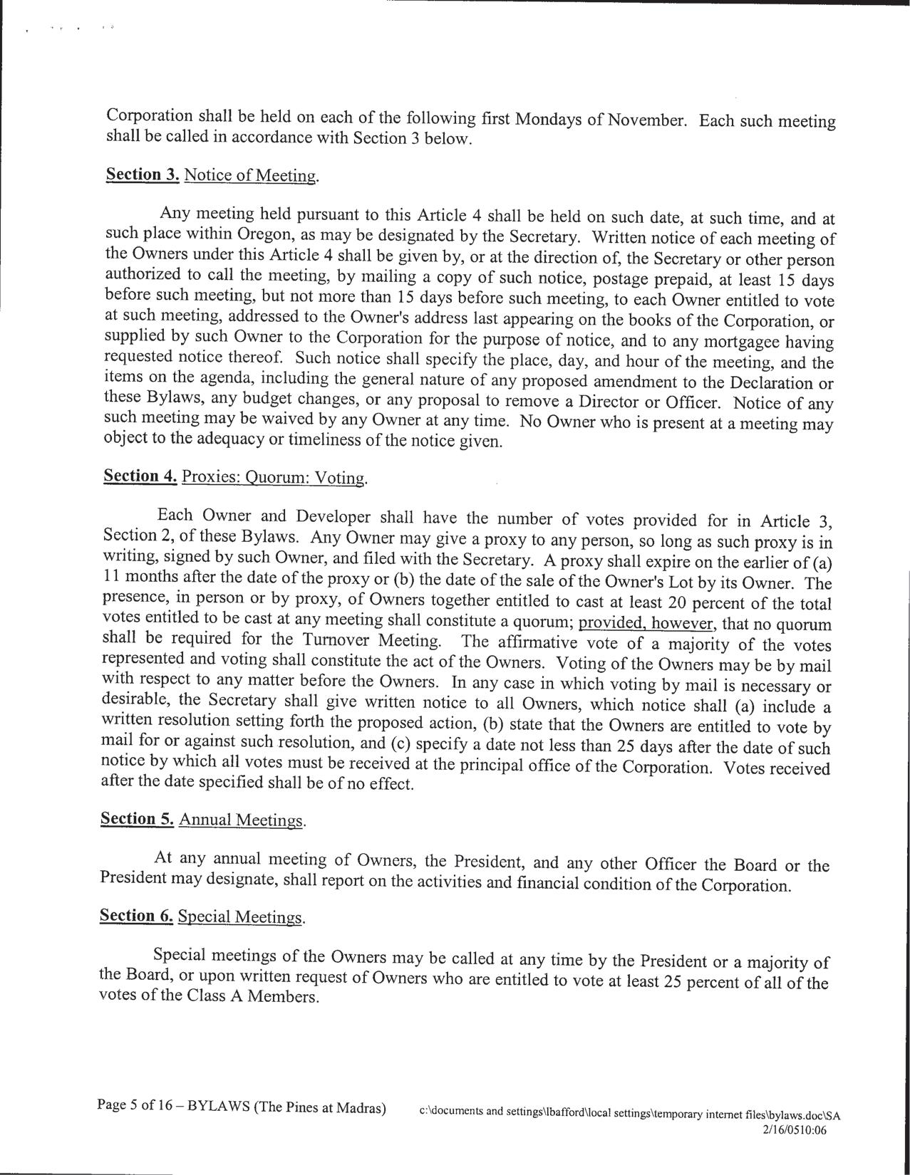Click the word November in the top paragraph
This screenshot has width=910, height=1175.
pos(647,120)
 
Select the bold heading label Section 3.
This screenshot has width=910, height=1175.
pos(142,174)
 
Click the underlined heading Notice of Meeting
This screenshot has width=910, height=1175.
pos(250,176)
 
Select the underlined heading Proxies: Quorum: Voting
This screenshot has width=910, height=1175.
pos(274,477)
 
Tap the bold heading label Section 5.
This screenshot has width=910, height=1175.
pos(137,819)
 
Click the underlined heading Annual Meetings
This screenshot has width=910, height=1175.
pos(242,820)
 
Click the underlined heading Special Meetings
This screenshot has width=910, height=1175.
pos(241,917)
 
